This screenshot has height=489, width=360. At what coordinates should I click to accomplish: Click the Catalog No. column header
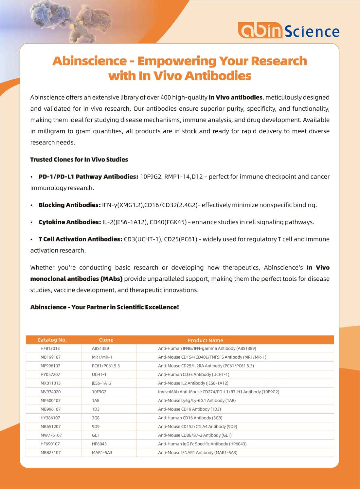(x=52, y=340)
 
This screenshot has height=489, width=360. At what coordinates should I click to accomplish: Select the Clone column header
(x=106, y=340)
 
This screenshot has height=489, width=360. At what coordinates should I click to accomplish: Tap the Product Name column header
(x=205, y=340)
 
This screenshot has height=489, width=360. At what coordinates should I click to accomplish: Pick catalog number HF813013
(x=50, y=348)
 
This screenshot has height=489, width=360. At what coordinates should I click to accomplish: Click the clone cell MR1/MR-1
(x=102, y=357)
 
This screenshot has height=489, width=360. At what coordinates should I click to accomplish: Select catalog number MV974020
(x=50, y=392)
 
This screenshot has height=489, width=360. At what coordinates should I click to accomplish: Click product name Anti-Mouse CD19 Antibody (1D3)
(x=189, y=409)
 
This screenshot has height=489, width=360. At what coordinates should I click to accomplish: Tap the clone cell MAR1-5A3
(x=102, y=453)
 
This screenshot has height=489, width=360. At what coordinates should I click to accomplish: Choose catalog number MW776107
(x=51, y=435)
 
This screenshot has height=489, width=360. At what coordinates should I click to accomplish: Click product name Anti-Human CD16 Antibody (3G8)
(x=190, y=418)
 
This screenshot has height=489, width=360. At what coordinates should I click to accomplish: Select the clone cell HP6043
(x=99, y=444)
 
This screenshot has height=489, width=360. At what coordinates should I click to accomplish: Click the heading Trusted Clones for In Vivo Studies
(x=79, y=160)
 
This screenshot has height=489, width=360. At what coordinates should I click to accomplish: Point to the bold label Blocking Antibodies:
(x=69, y=205)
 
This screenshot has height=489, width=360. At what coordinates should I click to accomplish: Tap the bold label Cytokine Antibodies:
(x=70, y=222)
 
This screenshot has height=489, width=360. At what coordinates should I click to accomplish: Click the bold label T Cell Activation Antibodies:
(x=80, y=239)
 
